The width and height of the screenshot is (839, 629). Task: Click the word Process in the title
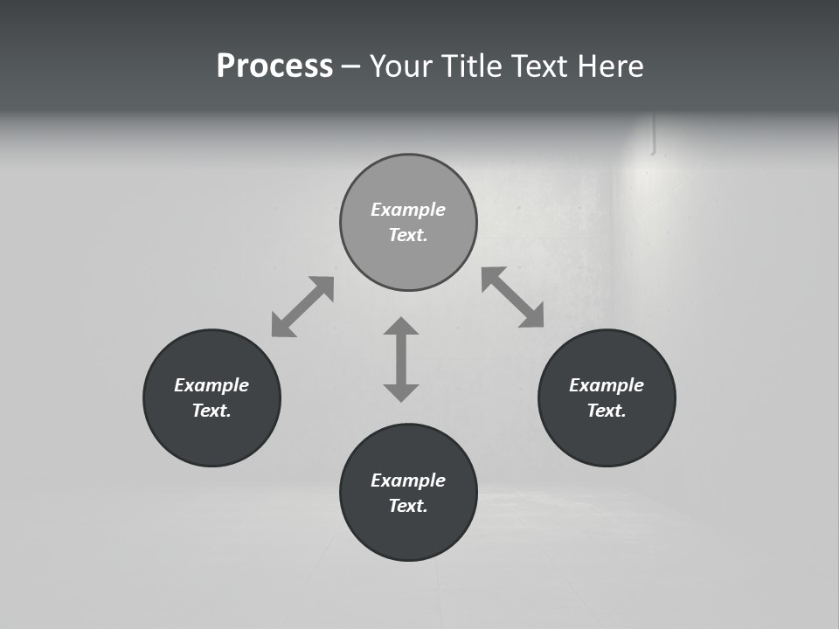pyautogui.click(x=274, y=66)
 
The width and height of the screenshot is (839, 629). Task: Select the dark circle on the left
pyautogui.click(x=211, y=437)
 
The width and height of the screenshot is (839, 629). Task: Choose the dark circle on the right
pyautogui.click(x=607, y=437)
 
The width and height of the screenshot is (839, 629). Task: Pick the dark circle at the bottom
pyautogui.click(x=408, y=533)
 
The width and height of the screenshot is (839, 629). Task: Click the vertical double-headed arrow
pyautogui.click(x=401, y=359)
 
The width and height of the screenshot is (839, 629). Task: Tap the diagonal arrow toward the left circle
pyautogui.click(x=302, y=307)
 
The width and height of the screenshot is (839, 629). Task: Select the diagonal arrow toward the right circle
pyautogui.click(x=512, y=297)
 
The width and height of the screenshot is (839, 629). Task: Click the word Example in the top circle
pyautogui.click(x=408, y=210)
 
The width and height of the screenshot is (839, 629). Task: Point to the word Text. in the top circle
pyautogui.click(x=408, y=235)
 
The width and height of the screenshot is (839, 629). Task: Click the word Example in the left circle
pyautogui.click(x=211, y=385)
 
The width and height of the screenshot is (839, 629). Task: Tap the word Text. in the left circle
pyautogui.click(x=211, y=411)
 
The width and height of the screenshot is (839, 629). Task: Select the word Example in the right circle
pyautogui.click(x=607, y=385)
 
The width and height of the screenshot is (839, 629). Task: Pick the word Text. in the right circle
pyautogui.click(x=607, y=411)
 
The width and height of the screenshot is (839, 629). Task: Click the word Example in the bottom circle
pyautogui.click(x=408, y=480)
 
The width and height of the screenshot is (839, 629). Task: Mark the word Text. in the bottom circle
pyautogui.click(x=408, y=506)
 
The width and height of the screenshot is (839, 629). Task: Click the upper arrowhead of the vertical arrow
pyautogui.click(x=401, y=327)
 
